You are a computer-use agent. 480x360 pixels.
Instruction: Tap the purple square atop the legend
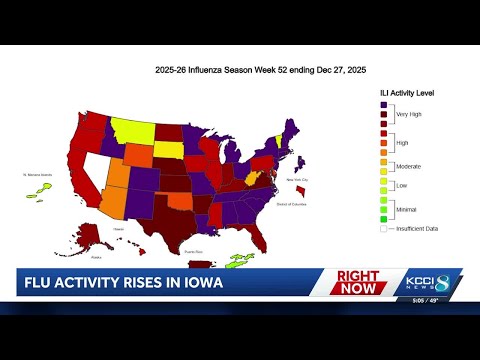(384, 104)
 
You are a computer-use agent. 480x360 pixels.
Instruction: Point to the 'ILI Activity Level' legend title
(405, 92)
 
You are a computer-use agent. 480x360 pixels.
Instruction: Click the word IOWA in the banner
(198, 283)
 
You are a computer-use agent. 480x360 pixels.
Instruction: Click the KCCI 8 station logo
(435, 283)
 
